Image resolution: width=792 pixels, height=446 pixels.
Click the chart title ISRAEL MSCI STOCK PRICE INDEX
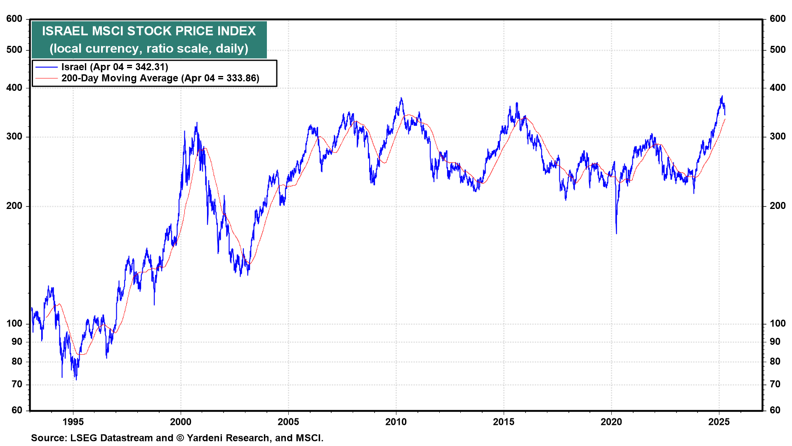[149, 31]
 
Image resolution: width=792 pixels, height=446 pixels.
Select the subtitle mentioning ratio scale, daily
[149, 49]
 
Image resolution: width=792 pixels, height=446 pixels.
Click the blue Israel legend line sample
[46, 67]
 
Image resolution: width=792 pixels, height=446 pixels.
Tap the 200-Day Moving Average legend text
[120, 78]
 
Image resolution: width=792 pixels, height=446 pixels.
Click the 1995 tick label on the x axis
[73, 422]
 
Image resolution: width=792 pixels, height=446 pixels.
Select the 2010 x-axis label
[396, 422]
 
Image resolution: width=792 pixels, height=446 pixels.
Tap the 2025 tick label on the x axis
[719, 422]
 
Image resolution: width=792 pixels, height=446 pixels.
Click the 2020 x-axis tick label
[611, 422]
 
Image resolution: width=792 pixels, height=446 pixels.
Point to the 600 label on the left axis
[14, 19]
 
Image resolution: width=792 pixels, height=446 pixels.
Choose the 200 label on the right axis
[778, 206]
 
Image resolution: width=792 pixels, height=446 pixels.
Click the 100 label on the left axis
[14, 323]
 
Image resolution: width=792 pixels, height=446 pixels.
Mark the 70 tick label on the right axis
[775, 384]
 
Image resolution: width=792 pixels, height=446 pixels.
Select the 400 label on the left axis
[14, 88]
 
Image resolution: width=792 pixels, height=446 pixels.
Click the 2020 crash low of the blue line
[617, 233]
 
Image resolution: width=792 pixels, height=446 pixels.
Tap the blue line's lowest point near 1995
[76, 379]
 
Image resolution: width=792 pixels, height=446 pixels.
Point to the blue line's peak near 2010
[401, 98]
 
